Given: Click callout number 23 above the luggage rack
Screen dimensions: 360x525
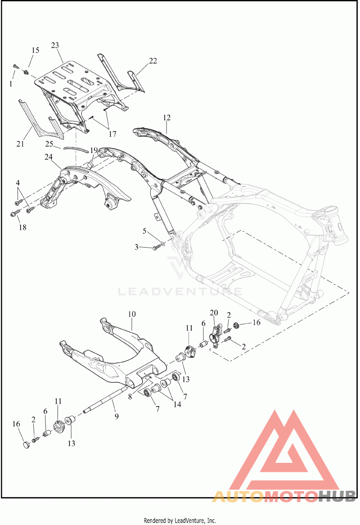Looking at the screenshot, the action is point(55,45).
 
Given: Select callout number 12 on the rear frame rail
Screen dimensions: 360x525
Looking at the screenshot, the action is point(167,118).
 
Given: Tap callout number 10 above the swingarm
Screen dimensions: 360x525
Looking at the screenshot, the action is point(132,314).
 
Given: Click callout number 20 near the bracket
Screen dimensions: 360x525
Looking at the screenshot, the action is point(214,313).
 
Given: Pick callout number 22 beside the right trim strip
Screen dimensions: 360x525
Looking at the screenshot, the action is point(153,61).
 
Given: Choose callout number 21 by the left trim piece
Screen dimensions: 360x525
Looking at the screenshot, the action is point(20,144).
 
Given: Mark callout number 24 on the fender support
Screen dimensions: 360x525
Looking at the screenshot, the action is point(49,157).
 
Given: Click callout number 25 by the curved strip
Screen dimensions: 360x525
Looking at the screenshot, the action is point(49,144).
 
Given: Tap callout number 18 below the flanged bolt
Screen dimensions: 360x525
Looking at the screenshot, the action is point(22,227).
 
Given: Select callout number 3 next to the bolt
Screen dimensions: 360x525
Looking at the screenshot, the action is point(136,248).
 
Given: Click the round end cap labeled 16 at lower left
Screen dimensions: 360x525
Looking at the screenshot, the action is point(27,445).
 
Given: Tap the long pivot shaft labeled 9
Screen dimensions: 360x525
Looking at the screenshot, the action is point(106,399).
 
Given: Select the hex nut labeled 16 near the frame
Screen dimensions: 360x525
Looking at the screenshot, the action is point(236,325).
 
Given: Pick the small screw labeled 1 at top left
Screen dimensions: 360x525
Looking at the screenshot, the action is point(15,67).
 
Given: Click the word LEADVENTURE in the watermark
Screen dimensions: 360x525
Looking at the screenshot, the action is point(180,290).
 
